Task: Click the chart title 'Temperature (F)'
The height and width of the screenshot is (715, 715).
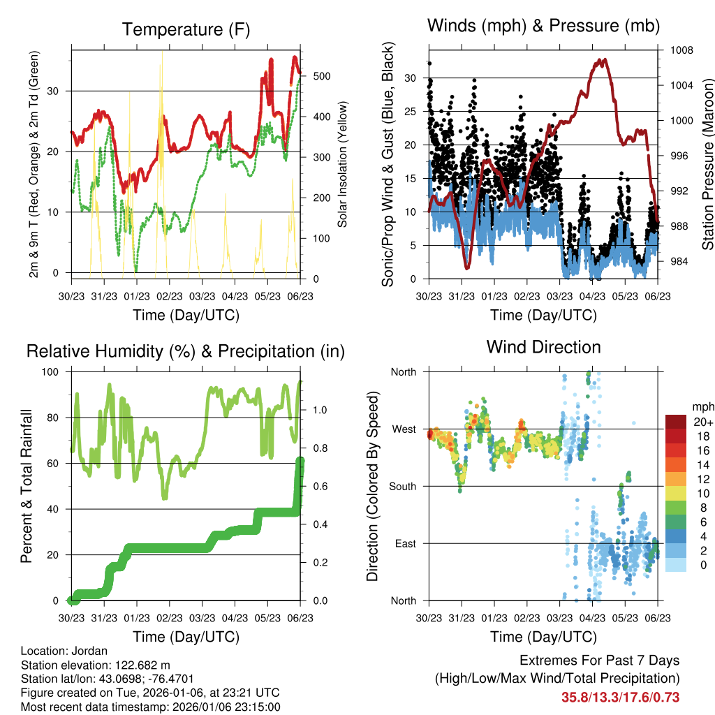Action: [186, 29]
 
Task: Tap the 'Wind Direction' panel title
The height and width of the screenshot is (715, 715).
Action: [543, 346]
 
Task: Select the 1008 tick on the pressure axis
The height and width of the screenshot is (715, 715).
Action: [681, 50]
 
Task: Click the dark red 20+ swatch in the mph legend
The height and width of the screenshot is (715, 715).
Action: [675, 422]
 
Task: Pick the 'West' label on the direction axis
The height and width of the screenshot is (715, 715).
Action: [404, 429]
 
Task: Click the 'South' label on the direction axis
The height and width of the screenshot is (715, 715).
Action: [401, 486]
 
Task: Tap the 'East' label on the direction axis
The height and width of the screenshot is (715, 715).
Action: [404, 543]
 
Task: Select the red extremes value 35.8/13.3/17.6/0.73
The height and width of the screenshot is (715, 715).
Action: [620, 697]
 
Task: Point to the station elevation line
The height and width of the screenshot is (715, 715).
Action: [96, 665]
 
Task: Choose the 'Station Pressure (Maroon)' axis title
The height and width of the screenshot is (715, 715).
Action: [707, 165]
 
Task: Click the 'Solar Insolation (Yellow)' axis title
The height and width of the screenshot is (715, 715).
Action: [343, 165]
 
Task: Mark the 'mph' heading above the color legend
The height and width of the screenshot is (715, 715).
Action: [702, 406]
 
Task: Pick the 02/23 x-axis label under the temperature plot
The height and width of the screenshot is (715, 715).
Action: [169, 297]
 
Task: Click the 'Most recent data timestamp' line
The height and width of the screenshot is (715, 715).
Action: [151, 707]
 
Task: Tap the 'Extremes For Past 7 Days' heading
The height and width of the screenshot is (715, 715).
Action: [599, 661]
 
